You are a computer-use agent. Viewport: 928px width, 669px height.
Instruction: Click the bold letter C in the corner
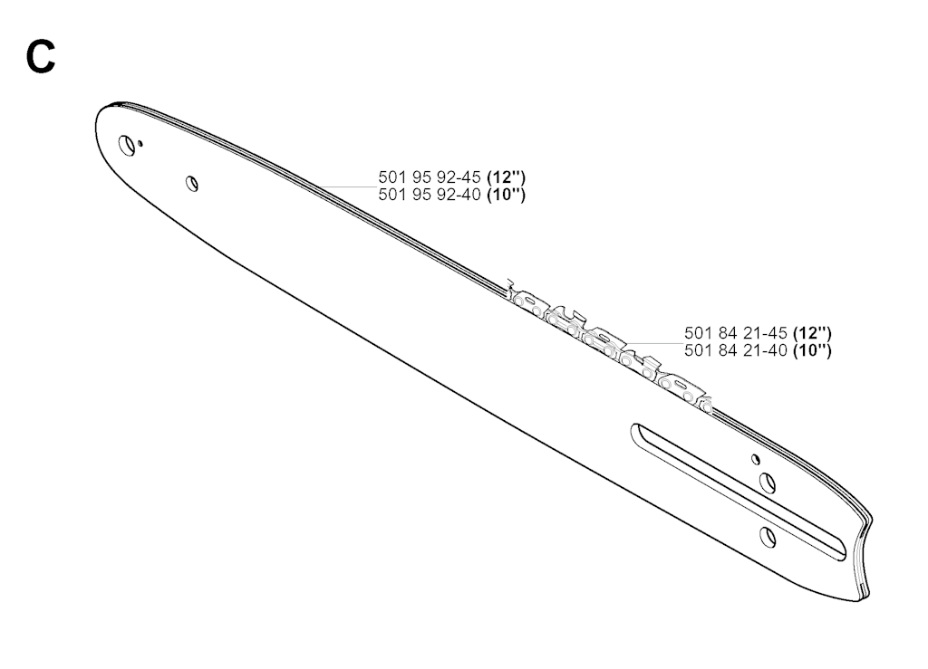(x=41, y=57)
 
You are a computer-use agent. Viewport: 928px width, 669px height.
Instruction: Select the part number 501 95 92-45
(x=429, y=177)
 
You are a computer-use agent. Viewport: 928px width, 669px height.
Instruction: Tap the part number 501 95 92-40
(x=429, y=195)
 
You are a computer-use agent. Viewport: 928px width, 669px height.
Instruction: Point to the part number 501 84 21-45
(x=736, y=333)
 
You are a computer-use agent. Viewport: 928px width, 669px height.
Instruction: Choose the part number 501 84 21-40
(x=736, y=350)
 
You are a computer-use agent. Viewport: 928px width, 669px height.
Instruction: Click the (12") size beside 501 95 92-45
(x=506, y=177)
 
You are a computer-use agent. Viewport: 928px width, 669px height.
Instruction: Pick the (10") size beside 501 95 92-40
(x=506, y=195)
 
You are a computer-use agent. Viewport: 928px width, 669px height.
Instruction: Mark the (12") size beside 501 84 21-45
(x=812, y=333)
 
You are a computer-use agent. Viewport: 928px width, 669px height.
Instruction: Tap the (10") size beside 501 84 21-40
(x=812, y=350)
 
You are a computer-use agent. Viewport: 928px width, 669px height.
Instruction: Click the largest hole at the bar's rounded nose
(x=127, y=145)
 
